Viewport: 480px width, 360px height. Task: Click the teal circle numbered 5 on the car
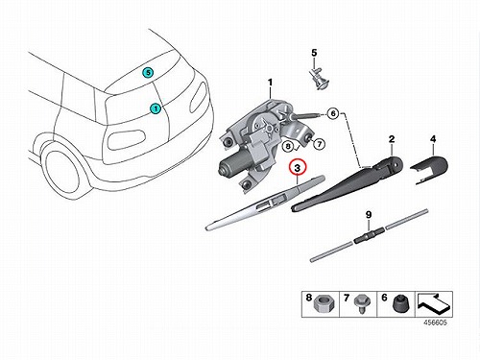[148, 73]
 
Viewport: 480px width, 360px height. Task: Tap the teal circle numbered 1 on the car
[156, 108]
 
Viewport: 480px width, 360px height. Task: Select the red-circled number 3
[298, 168]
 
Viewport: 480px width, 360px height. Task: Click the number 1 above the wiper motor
[270, 83]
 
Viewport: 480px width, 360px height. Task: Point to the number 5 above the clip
[314, 53]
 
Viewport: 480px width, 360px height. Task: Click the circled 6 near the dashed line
[333, 113]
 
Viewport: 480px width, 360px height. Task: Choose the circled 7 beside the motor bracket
[319, 144]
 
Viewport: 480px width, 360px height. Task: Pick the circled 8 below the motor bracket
[288, 147]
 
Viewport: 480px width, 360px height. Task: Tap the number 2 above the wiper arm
[392, 139]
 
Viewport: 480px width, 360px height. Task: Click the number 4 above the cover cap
[433, 139]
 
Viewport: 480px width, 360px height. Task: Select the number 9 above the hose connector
[369, 215]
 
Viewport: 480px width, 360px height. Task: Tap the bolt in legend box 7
[359, 303]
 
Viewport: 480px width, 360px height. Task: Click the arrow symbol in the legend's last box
[434, 304]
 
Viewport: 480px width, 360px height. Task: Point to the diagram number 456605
[435, 323]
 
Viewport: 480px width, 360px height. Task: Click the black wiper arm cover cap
[429, 167]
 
